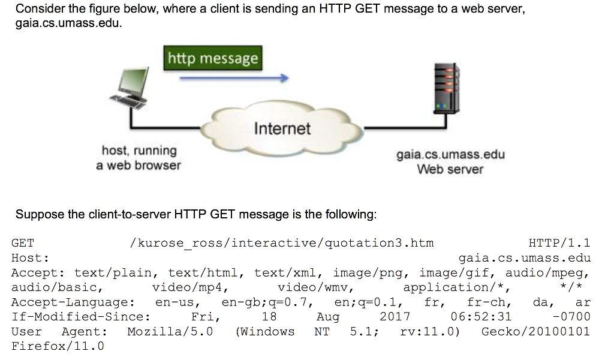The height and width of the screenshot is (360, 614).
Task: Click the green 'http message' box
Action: [x=213, y=58]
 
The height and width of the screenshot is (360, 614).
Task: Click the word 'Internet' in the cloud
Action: [x=282, y=128]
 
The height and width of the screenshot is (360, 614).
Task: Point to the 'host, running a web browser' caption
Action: [x=139, y=157]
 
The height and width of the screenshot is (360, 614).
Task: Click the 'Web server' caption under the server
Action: [x=450, y=169]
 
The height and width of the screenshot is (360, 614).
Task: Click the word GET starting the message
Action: [x=23, y=243]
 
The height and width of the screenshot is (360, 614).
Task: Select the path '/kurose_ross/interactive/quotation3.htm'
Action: [x=281, y=243]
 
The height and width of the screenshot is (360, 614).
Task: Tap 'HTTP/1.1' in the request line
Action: [x=559, y=243]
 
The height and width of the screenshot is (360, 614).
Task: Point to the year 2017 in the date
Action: [x=395, y=317]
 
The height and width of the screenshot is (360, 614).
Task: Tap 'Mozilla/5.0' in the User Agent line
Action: [x=170, y=331]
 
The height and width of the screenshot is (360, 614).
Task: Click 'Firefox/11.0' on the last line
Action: [x=58, y=346]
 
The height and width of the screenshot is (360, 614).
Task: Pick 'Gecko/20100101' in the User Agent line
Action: [x=535, y=331]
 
